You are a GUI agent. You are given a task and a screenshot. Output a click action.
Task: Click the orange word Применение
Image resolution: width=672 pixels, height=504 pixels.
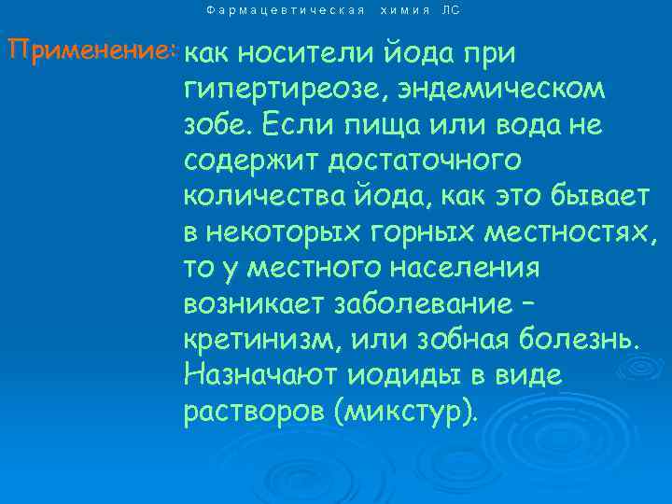tap(89, 51)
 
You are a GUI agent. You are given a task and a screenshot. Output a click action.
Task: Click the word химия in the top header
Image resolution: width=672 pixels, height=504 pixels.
tap(405, 10)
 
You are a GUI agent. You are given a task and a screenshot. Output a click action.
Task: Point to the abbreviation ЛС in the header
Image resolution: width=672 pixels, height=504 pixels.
tap(451, 10)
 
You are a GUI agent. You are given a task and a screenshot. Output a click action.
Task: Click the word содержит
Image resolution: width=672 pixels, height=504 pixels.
tap(247, 161)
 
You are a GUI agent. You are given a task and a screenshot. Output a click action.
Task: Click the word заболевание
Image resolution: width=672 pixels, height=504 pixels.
tap(419, 304)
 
